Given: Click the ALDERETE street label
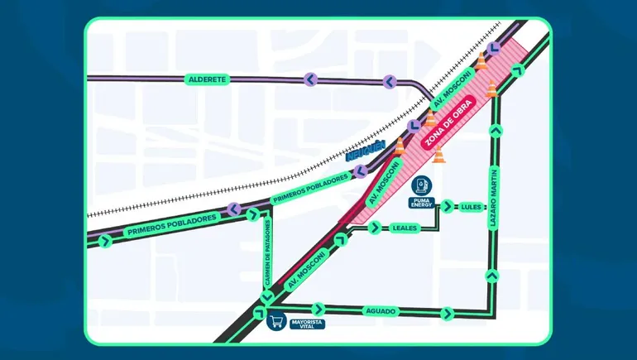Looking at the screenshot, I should [207, 79].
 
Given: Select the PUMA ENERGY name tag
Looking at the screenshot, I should [420, 203].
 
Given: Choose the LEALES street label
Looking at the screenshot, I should [404, 228].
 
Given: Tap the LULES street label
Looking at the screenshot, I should [472, 207].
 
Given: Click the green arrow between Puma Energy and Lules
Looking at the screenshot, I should [448, 206].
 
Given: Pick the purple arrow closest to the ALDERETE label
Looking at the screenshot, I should [310, 79].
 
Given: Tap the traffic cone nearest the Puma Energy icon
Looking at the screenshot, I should [438, 154].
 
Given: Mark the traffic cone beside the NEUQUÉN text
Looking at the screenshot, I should [400, 146].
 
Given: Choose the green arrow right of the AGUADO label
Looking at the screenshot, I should [448, 313].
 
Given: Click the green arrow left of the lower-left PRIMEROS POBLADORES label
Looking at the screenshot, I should [105, 241].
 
